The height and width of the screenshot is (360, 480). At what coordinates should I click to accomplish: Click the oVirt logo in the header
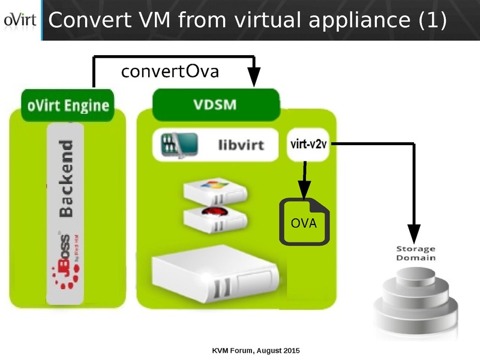[20, 20]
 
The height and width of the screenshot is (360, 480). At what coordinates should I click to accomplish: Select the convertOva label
[170, 72]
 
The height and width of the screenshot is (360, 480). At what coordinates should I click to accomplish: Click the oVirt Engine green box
[68, 106]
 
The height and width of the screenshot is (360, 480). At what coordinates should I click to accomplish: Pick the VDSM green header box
[215, 105]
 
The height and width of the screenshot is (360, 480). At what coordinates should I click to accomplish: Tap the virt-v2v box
[308, 145]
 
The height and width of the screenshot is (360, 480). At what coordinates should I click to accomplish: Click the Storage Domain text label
[416, 253]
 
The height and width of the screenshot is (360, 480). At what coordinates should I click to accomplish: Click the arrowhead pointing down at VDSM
[254, 79]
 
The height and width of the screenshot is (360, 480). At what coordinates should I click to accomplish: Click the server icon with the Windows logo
[214, 190]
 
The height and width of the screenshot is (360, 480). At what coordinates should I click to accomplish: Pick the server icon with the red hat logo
[214, 218]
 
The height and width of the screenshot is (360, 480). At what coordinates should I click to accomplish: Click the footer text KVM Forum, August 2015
[256, 350]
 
